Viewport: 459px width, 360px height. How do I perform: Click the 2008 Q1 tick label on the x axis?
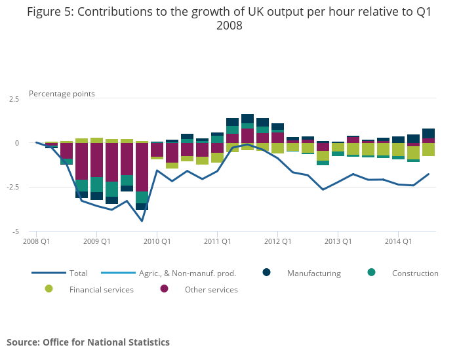(37, 241)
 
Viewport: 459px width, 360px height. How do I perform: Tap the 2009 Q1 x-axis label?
(96, 241)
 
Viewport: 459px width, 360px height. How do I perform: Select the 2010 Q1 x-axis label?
(157, 241)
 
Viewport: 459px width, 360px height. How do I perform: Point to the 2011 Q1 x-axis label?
(217, 241)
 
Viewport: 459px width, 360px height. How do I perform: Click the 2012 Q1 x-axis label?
(277, 241)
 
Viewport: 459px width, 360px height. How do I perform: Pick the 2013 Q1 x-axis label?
(338, 241)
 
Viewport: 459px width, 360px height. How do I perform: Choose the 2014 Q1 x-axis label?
(398, 241)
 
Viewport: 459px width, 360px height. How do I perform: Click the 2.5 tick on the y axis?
(14, 99)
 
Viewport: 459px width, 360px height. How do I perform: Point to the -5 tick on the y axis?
(16, 231)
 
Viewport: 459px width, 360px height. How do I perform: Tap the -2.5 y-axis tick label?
(12, 188)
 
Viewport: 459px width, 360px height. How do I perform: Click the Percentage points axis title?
(62, 94)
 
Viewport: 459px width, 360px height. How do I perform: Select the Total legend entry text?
(79, 273)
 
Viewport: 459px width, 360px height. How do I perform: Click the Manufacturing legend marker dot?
(267, 273)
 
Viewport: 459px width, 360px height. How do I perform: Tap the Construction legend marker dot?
(372, 273)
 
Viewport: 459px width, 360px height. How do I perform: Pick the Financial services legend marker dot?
(49, 289)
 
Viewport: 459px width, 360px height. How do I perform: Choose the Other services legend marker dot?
(164, 289)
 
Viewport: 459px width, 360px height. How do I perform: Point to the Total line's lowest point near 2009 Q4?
(142, 221)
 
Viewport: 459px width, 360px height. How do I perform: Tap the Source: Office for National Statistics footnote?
(88, 342)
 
